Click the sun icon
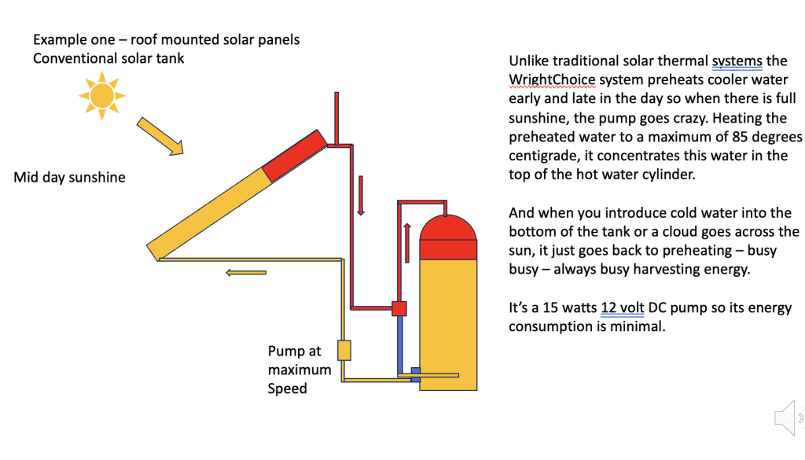pos(102,95)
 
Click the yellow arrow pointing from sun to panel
pos(160,135)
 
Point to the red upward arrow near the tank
pos(407,241)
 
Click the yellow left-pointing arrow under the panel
pos(245,273)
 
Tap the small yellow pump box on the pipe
pos(344,350)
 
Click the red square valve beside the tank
pos(399,307)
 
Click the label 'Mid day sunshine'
pos(69,178)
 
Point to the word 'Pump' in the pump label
pos(284,351)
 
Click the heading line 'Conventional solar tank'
pos(108,58)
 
